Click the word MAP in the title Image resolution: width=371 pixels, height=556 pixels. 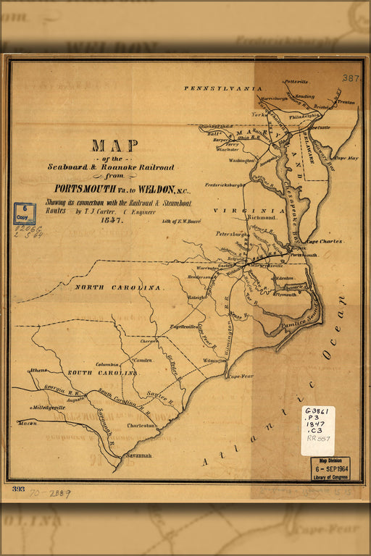coord(114,145)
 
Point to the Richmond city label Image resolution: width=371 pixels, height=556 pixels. coord(262,216)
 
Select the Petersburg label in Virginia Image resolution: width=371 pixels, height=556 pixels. coord(232,234)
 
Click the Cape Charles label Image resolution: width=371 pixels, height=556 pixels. coord(324,241)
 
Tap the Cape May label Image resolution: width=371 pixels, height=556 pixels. coord(346,157)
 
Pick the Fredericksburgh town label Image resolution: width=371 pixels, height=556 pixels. coord(224,185)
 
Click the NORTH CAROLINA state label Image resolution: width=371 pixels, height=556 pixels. coord(117,287)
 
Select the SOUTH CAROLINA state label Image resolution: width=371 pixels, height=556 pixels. coord(101,372)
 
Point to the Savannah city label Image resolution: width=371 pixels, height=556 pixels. coord(137,455)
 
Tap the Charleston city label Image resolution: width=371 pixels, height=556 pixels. coord(141,426)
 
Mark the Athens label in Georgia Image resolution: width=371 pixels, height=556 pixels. coord(38,370)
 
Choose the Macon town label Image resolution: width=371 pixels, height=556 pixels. coord(28,423)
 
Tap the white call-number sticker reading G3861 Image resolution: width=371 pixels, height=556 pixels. coord(317,430)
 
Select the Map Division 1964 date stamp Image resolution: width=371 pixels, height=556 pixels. coord(330,468)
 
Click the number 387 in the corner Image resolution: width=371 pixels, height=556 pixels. coord(351,77)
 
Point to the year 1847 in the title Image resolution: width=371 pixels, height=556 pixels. coord(112,219)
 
